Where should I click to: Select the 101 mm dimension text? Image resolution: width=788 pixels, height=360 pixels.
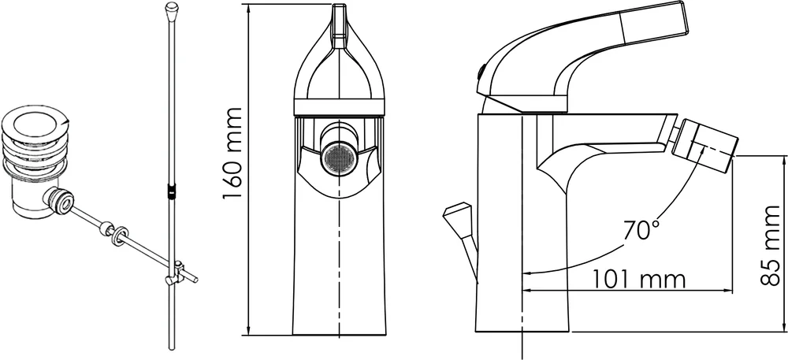tap(638, 279)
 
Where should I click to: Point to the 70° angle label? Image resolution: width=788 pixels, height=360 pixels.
tap(641, 231)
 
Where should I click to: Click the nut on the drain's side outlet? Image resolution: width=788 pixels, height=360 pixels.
tap(58, 202)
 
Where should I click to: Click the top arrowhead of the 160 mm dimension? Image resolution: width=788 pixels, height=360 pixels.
tap(249, 9)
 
